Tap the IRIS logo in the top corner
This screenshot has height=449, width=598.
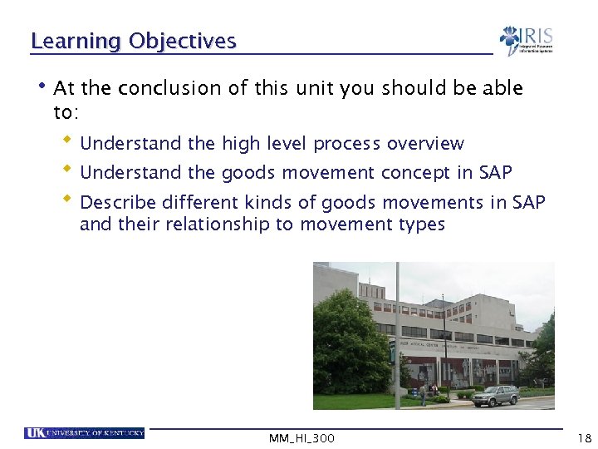526,40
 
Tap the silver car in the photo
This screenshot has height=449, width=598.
495,396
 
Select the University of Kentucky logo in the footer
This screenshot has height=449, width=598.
85,432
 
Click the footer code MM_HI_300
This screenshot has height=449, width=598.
301,438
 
